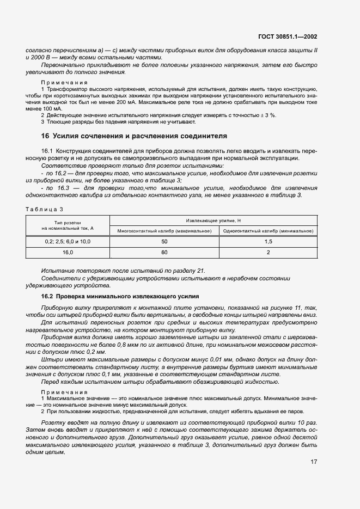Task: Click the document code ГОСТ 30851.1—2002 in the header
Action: pos(287,37)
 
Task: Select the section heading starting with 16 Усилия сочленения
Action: pos(134,136)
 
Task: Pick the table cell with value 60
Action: pos(164,253)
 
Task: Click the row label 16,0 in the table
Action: pos(68,253)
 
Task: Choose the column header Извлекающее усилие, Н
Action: pos(213,220)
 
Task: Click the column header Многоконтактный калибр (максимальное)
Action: pos(164,230)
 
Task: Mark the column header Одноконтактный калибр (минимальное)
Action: pos(268,230)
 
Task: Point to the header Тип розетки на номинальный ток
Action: pos(68,225)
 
